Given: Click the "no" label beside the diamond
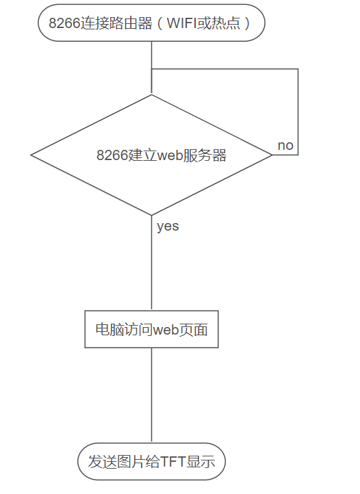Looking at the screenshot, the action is click(285, 146).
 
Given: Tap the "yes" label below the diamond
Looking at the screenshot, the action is click(168, 226).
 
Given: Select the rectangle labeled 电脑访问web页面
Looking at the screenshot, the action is click(152, 329).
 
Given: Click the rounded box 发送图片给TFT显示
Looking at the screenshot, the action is click(152, 462).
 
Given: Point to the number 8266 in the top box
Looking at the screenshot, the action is click(64, 23).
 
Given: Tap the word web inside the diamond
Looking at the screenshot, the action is click(170, 155).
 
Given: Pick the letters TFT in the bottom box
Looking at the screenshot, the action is click(172, 462).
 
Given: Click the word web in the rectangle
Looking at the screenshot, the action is click(166, 330).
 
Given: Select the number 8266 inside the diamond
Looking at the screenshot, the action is click(112, 155).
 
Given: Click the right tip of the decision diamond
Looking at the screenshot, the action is click(272, 155).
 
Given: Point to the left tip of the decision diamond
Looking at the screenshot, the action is click(31, 155).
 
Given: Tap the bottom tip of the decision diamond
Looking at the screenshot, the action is click(152, 215).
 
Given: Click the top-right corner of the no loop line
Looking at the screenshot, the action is click(298, 69).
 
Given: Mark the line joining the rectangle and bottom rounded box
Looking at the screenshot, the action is click(152, 395).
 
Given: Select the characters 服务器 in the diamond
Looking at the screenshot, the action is click(205, 155).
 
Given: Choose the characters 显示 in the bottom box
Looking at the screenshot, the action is click(201, 462).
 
